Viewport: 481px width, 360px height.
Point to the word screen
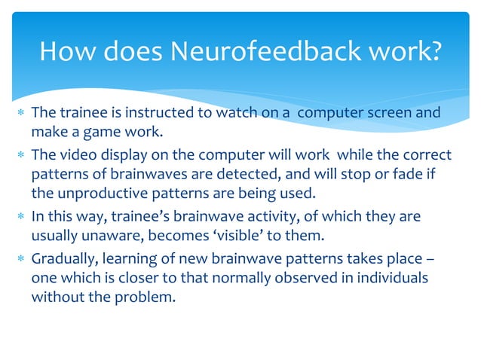(383, 114)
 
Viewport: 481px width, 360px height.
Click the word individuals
(388, 278)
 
